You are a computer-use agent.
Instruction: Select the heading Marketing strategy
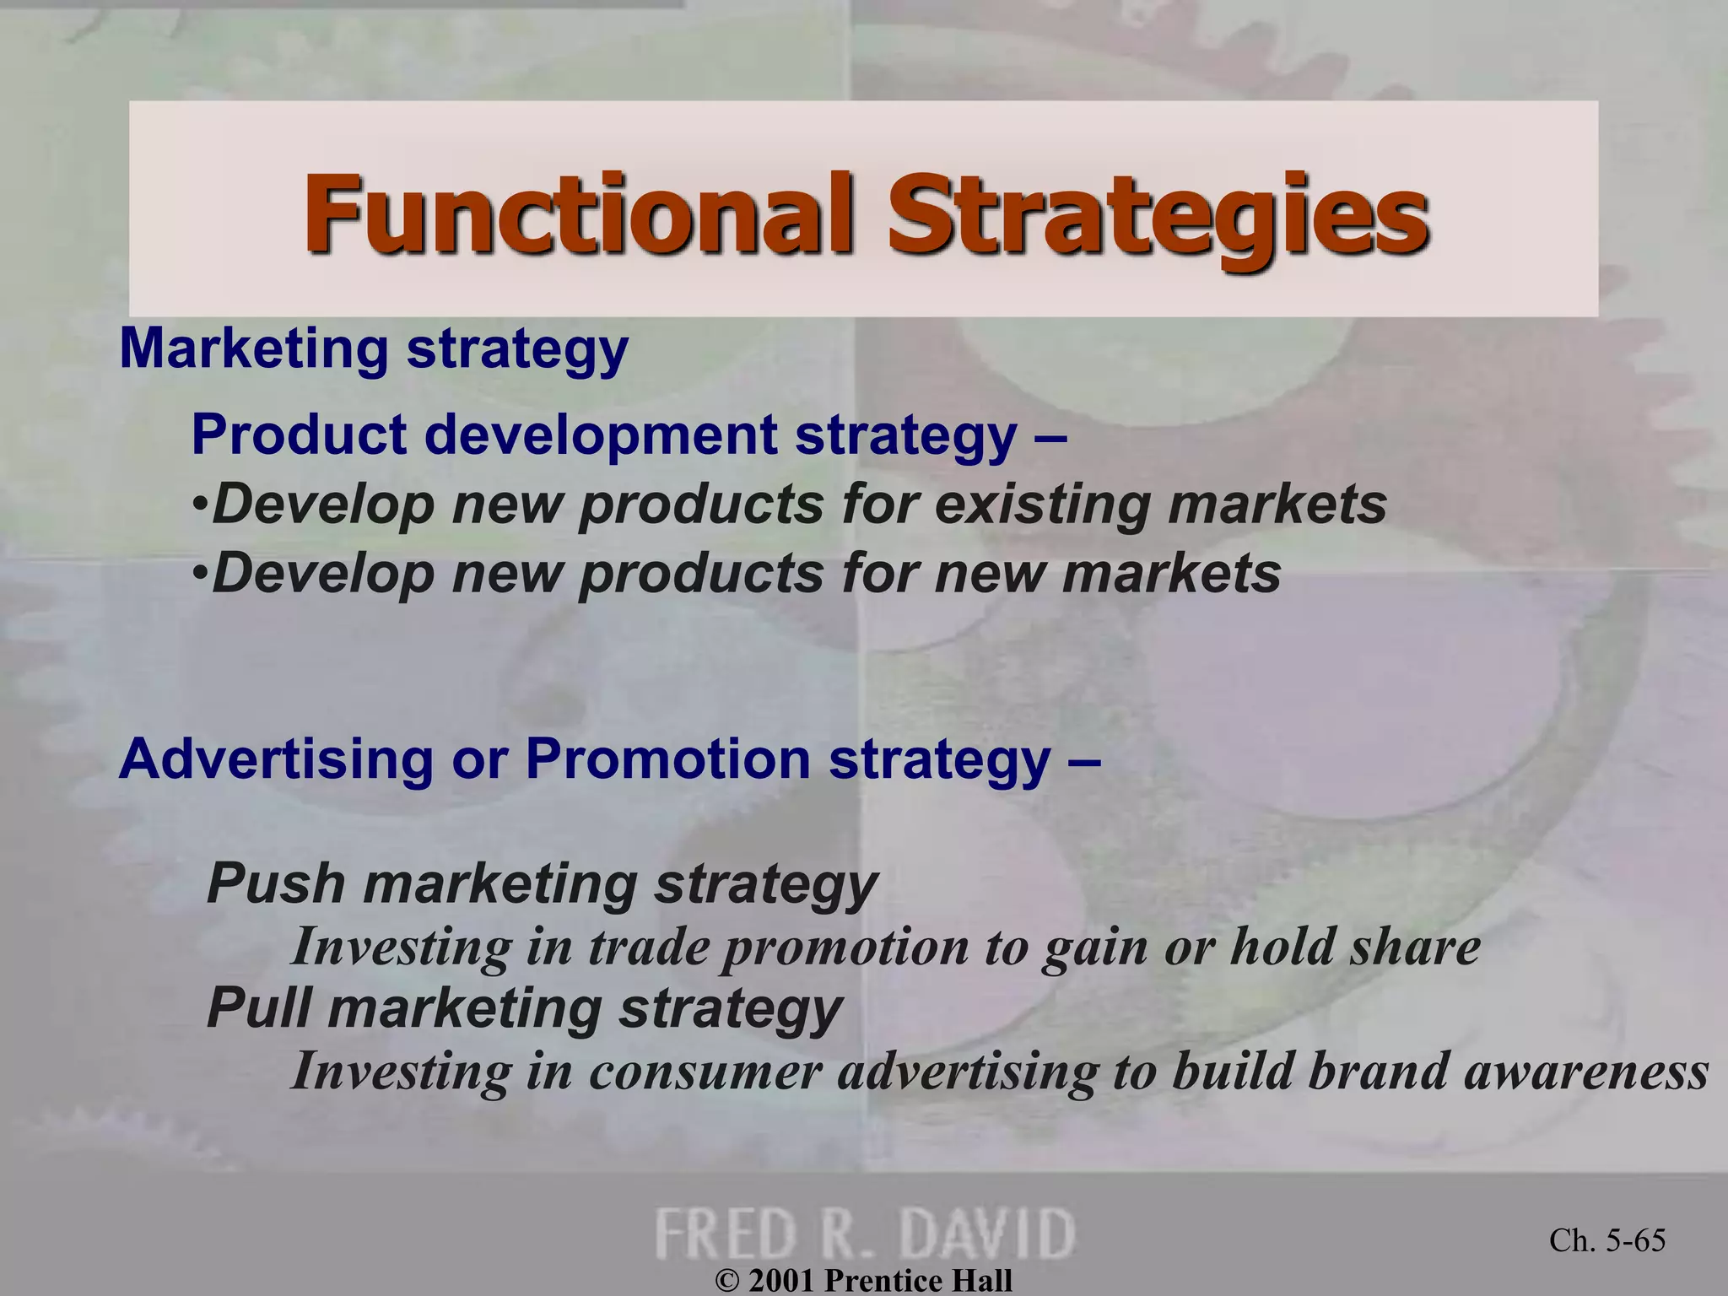click(x=374, y=348)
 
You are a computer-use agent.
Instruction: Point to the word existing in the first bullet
click(x=1043, y=505)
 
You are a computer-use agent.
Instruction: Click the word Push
click(x=276, y=883)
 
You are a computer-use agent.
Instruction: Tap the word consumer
click(x=705, y=1072)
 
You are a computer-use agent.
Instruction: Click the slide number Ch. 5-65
click(x=1607, y=1240)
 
